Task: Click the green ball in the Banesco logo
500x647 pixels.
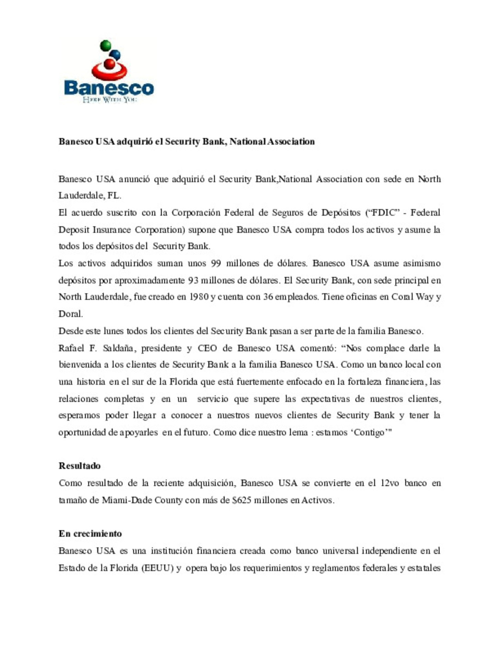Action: pyautogui.click(x=106, y=45)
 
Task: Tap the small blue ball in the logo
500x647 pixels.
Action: pyautogui.click(x=115, y=55)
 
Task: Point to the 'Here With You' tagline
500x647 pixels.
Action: pyautogui.click(x=110, y=100)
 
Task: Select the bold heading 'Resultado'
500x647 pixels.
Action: pyautogui.click(x=80, y=466)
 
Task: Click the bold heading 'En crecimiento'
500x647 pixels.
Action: pyautogui.click(x=90, y=533)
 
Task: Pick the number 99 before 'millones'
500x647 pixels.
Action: pyautogui.click(x=216, y=263)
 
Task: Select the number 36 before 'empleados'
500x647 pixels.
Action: pyautogui.click(x=268, y=297)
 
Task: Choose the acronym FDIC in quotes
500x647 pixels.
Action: pyautogui.click(x=382, y=212)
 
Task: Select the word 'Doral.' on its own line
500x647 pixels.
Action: pyautogui.click(x=71, y=314)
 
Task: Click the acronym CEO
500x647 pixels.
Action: pyautogui.click(x=207, y=348)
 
